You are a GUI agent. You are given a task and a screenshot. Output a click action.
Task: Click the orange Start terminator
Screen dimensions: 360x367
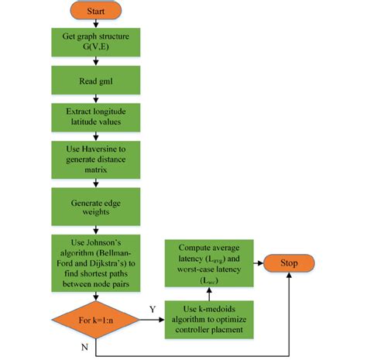point(95,12)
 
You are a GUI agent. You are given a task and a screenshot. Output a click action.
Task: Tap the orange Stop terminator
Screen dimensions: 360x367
point(288,263)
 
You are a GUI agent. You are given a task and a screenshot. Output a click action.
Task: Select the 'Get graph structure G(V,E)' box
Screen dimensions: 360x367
point(95,43)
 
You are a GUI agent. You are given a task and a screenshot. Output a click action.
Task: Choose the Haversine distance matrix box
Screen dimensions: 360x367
point(95,158)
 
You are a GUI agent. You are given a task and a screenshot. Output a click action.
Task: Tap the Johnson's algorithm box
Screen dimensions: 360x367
point(95,255)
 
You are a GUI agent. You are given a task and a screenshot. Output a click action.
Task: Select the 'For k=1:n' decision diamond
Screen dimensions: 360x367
point(95,317)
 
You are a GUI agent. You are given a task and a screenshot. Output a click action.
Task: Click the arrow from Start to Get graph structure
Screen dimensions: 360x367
point(95,25)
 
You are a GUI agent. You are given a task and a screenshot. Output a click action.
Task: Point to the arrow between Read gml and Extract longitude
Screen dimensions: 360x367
point(95,98)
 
